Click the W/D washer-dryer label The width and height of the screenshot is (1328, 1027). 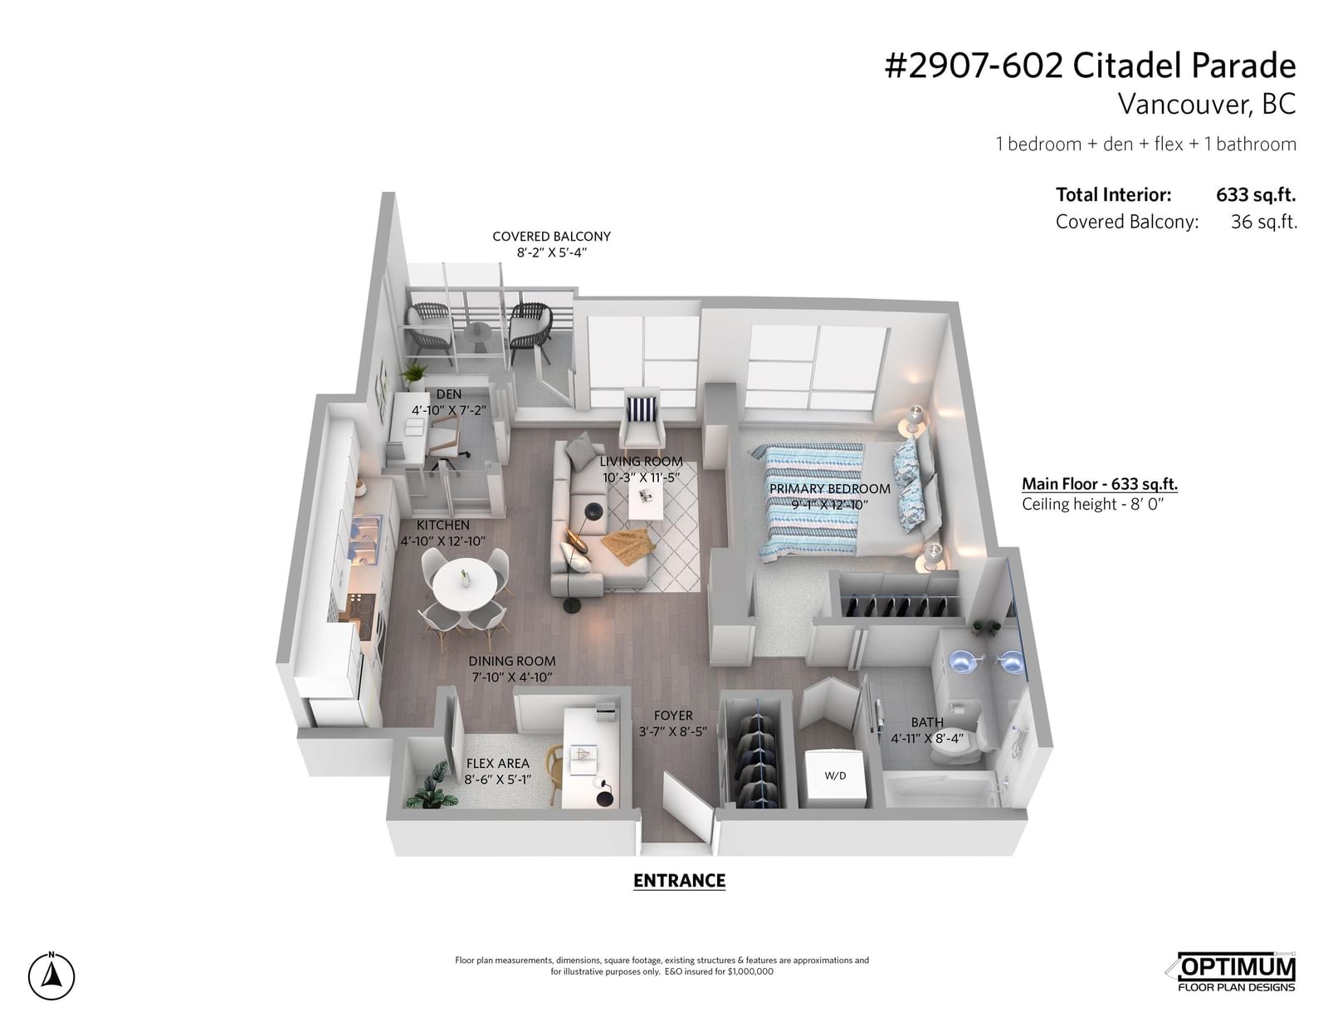click(835, 775)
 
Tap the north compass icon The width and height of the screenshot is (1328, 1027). click(51, 976)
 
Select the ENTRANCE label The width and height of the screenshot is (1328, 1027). click(679, 881)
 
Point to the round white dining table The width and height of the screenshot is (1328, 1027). click(465, 584)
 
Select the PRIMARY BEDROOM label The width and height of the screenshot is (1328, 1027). click(829, 489)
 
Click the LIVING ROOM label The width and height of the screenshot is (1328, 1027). click(641, 462)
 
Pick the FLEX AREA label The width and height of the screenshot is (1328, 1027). click(497, 764)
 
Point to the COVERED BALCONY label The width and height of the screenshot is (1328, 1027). click(551, 237)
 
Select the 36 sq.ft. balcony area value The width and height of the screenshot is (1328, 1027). click(1263, 222)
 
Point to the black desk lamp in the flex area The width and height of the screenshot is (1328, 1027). click(603, 792)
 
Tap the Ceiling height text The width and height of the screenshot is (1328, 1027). click(1093, 504)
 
